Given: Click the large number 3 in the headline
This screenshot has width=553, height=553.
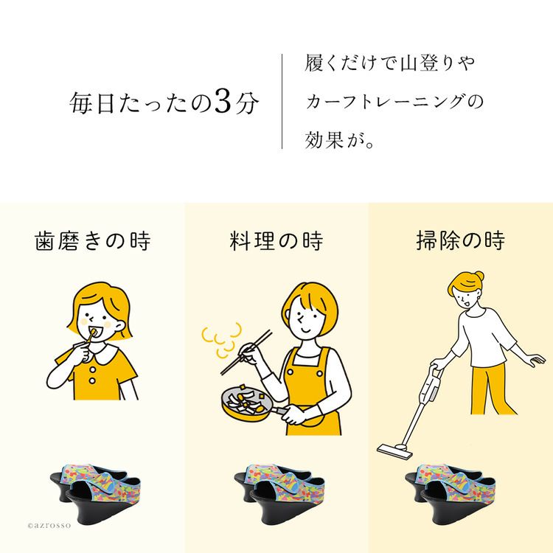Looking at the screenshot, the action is [222, 102].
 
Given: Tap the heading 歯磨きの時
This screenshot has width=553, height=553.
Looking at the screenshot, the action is [93, 241].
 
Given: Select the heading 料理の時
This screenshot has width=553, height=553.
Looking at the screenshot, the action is [276, 241].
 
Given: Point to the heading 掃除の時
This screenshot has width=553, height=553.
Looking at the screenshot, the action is [460, 240].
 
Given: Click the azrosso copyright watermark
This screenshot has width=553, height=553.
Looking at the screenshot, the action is [49, 525].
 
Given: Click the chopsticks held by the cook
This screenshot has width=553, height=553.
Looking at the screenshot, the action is [246, 352].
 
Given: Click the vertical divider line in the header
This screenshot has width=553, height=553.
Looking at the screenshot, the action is [282, 101].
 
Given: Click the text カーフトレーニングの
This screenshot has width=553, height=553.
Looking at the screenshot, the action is [394, 102].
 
